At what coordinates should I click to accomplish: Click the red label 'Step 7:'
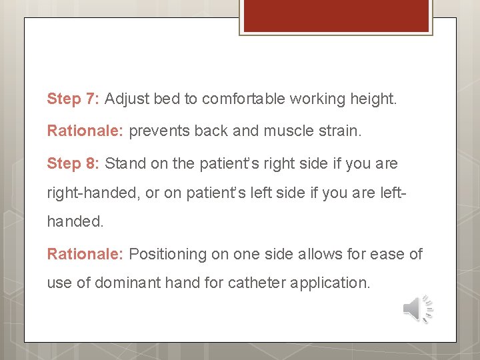pos(73,99)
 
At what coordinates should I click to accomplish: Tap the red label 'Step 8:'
pos(73,163)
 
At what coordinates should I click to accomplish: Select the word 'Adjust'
pos(127,99)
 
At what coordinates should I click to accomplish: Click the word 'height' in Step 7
pos(374,99)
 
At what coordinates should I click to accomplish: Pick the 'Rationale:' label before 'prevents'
pos(85,131)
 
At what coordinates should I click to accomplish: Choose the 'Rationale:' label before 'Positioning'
pos(85,254)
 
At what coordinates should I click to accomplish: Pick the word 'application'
pos(330,283)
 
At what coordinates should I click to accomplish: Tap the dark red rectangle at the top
pos(335,15)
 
